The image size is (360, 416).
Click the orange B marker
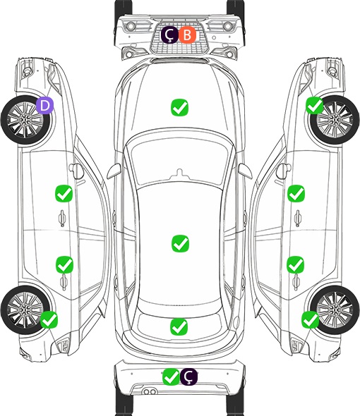(187, 35)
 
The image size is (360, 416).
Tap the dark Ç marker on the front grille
(170, 35)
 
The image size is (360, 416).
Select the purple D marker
(45, 105)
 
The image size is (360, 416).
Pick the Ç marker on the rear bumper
(188, 377)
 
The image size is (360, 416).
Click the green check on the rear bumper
(172, 377)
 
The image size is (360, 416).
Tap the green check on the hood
(179, 107)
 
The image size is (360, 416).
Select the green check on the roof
(180, 243)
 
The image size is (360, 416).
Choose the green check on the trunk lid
(179, 326)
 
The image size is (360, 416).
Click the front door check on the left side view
(64, 193)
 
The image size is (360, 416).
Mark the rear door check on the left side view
(64, 264)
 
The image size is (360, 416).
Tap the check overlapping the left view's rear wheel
(49, 320)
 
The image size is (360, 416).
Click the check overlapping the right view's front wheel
(315, 105)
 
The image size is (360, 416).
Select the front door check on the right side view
(296, 193)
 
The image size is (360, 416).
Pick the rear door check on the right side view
(296, 264)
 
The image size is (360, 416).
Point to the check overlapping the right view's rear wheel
(311, 320)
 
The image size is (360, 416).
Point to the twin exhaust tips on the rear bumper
(150, 392)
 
